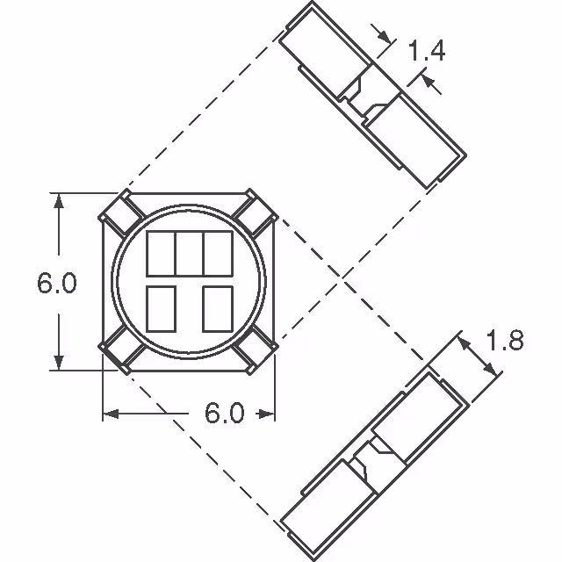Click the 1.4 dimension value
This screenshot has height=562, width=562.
[x=426, y=51]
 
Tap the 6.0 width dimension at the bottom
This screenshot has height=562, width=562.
[x=225, y=413]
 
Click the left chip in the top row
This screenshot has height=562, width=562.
[x=160, y=253]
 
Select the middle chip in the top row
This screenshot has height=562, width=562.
[x=189, y=253]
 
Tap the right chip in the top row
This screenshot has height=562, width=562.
[x=217, y=253]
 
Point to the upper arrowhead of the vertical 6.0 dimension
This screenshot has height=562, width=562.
[x=60, y=199]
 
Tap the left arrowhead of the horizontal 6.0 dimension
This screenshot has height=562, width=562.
[x=110, y=413]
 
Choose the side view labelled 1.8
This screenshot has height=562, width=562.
[x=378, y=448]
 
